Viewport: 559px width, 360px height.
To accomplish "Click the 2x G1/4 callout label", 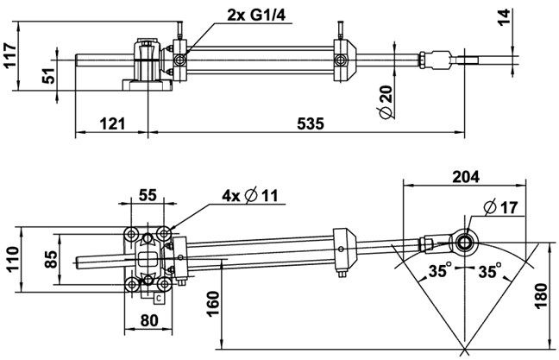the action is [x=256, y=15].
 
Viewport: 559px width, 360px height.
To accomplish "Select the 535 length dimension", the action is [x=311, y=123].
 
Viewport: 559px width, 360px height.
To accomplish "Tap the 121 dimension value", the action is [x=112, y=123].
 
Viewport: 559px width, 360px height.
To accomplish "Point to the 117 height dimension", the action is [x=9, y=54].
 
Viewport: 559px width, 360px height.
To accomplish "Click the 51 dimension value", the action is [x=48, y=75].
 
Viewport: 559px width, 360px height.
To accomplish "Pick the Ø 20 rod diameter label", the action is [x=386, y=102].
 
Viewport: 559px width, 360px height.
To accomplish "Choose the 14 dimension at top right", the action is [x=504, y=17].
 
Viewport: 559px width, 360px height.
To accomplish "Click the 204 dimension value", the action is [x=466, y=177].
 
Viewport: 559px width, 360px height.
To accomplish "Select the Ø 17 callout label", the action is [x=501, y=208].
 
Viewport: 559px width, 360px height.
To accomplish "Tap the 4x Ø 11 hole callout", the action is [x=249, y=195].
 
